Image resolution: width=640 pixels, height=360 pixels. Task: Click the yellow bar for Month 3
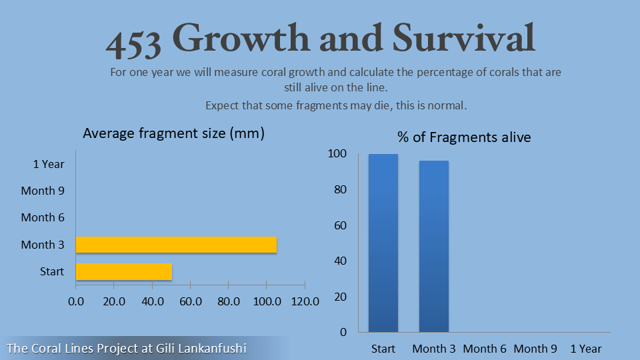(176, 245)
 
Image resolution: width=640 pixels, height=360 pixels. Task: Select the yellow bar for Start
(124, 271)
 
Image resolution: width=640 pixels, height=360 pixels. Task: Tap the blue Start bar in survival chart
(383, 243)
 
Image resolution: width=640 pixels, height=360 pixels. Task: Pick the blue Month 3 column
(433, 246)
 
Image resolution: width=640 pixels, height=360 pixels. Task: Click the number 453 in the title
(133, 42)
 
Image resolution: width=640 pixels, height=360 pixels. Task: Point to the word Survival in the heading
(463, 39)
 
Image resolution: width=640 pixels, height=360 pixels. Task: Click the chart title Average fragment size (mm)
(173, 133)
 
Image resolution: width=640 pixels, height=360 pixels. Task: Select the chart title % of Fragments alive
(464, 137)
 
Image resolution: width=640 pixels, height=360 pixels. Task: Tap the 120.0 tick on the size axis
(305, 301)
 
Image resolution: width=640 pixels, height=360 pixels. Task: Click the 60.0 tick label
(191, 301)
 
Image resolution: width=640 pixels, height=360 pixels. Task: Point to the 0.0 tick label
(76, 301)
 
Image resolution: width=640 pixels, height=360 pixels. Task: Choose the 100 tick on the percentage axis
(338, 154)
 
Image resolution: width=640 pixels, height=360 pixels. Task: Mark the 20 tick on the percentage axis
(341, 297)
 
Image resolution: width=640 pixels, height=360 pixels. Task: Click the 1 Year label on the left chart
(49, 164)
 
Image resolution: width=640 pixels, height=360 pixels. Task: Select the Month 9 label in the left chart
(43, 191)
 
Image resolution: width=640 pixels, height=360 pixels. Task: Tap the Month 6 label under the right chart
(485, 349)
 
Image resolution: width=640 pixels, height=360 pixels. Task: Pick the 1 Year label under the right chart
(586, 349)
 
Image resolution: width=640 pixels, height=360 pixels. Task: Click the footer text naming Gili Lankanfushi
(127, 348)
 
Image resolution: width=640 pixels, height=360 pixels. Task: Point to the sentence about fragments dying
(336, 105)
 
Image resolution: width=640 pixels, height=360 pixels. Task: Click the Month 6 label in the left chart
(43, 217)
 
